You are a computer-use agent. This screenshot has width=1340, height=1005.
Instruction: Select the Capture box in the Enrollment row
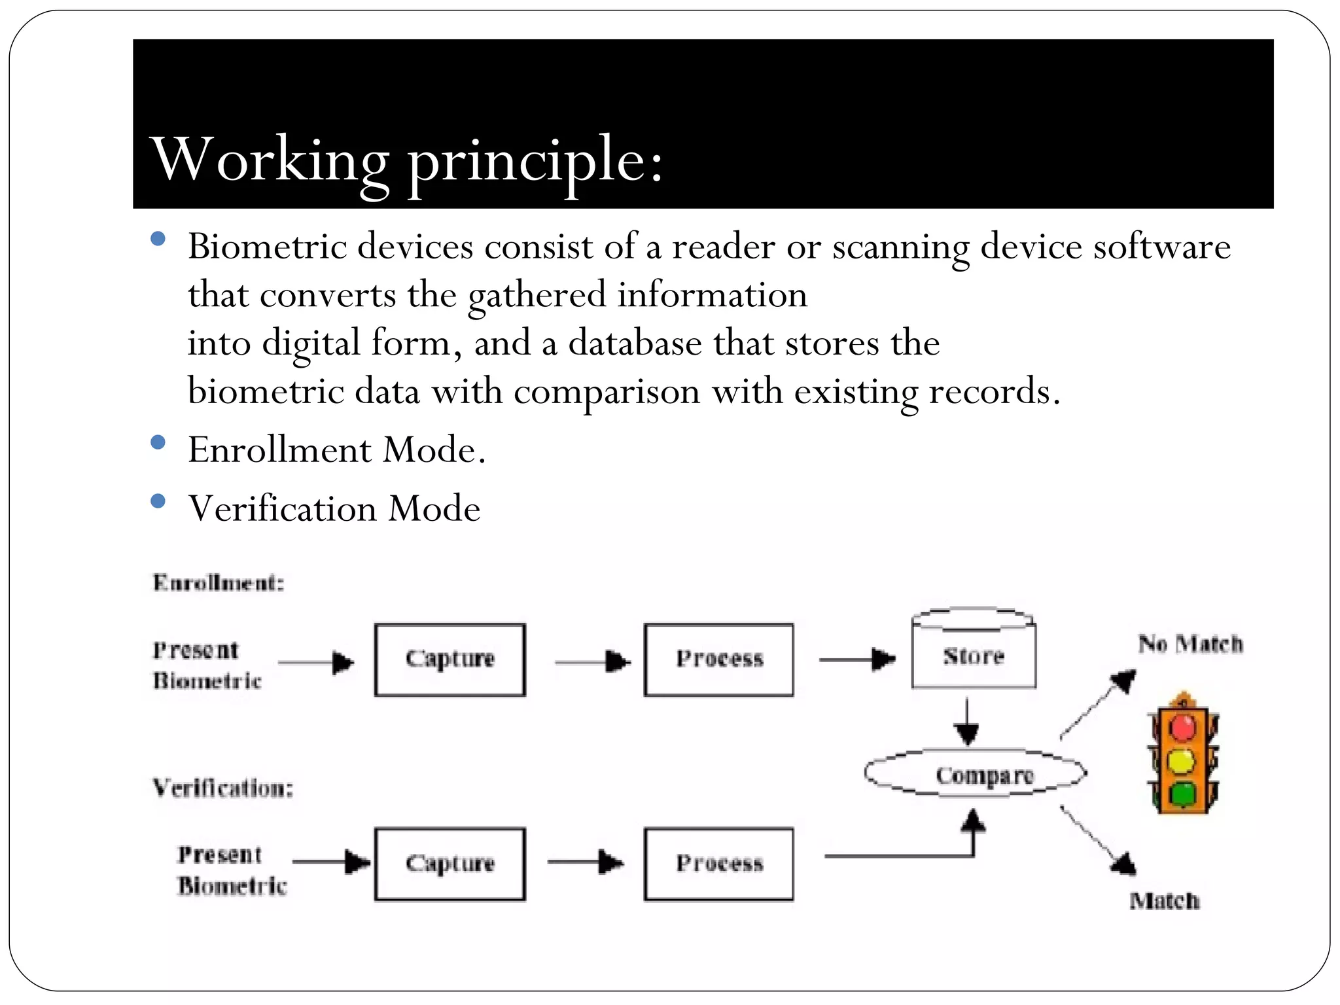tap(450, 660)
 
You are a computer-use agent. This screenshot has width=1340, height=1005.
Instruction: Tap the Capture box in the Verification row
tap(450, 864)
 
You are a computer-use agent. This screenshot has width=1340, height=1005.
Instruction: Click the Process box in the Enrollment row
tap(719, 660)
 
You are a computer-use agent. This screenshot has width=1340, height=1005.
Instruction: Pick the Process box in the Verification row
tap(719, 864)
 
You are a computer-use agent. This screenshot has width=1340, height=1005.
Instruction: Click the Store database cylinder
tap(974, 651)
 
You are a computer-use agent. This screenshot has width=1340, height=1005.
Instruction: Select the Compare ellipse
tap(976, 774)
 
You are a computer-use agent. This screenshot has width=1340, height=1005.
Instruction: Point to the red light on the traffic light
tap(1183, 726)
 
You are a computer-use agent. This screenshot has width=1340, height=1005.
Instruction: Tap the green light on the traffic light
tap(1183, 794)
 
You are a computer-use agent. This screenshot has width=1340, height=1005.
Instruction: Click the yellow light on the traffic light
tap(1183, 760)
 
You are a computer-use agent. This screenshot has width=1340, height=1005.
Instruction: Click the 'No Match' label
tap(1190, 644)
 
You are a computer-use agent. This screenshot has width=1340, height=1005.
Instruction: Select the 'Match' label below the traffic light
tap(1165, 901)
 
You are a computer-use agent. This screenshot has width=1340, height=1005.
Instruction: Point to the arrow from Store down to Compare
tap(967, 722)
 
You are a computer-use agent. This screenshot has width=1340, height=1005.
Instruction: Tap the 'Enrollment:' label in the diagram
tap(219, 582)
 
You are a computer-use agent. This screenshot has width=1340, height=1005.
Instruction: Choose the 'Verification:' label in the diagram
tap(223, 788)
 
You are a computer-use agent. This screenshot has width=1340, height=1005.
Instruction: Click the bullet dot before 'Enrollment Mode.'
tap(158, 443)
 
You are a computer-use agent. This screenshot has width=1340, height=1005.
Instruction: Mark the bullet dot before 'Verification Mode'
tap(158, 501)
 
